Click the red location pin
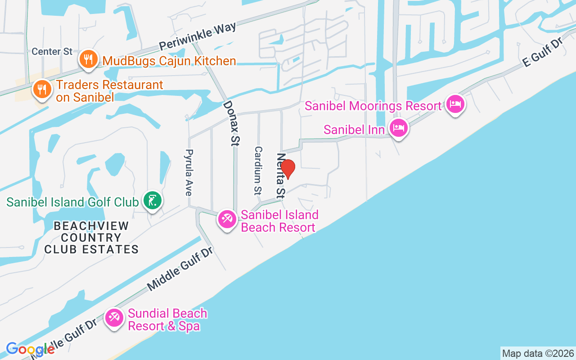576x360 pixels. pyautogui.click(x=288, y=169)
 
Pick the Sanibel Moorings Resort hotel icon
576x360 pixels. pyautogui.click(x=455, y=104)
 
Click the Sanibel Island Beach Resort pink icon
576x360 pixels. pyautogui.click(x=227, y=220)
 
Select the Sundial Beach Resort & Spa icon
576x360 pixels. pyautogui.click(x=114, y=318)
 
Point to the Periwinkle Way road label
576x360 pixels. pyautogui.click(x=198, y=37)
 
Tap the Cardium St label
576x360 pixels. pyautogui.click(x=258, y=170)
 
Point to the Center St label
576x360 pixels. pyautogui.click(x=52, y=51)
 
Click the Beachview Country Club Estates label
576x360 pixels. pyautogui.click(x=91, y=238)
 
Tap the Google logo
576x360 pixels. pyautogui.click(x=30, y=349)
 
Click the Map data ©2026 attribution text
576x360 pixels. pyautogui.click(x=538, y=353)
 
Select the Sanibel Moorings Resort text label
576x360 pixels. pyautogui.click(x=373, y=106)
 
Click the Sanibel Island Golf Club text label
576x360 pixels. pyautogui.click(x=72, y=202)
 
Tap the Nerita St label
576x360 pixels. pyautogui.click(x=281, y=175)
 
